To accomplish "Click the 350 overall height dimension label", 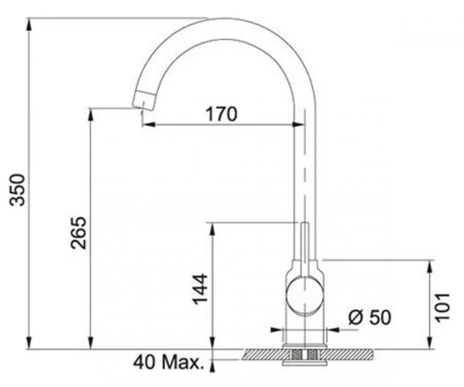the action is click(17, 190).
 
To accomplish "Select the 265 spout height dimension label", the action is click(79, 233).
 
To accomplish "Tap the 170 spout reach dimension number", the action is click(222, 114).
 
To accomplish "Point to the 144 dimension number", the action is click(200, 289).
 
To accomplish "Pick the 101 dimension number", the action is click(442, 307).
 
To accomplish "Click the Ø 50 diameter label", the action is click(370, 317).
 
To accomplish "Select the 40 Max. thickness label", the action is click(169, 361).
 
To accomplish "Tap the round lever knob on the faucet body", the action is click(305, 295).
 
